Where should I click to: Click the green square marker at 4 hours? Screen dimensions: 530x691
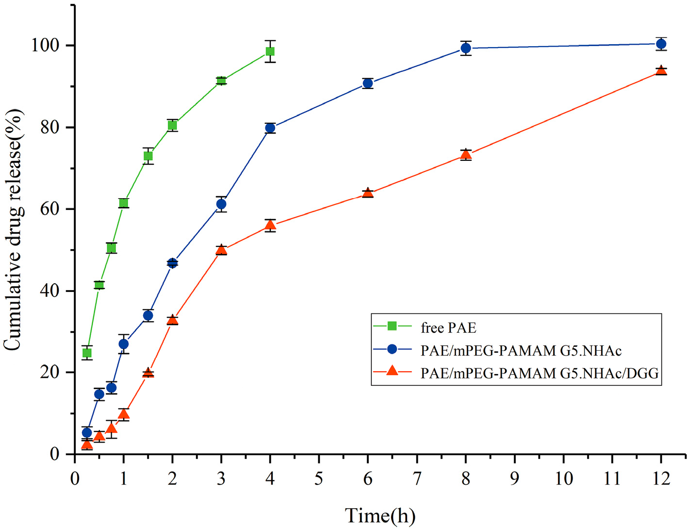coord(270,51)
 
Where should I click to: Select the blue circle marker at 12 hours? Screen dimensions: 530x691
coord(661,44)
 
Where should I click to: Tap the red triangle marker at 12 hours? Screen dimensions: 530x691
coord(661,71)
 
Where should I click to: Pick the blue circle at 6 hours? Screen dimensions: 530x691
coord(368,84)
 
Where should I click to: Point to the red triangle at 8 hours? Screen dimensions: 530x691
coord(466,155)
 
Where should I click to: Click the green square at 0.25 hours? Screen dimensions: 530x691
coord(87,353)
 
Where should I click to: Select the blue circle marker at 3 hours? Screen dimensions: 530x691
coord(221,205)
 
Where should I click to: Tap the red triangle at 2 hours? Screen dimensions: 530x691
coord(172,320)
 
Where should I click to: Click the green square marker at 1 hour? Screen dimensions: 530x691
coord(124,203)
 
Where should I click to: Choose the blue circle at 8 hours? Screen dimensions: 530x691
coord(466,48)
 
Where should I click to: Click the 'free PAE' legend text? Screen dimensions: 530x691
coord(448,328)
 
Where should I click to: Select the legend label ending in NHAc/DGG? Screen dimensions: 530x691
coord(540,373)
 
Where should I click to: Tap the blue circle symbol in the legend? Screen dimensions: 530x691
coord(392,349)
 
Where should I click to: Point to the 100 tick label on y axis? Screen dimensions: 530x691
coord(46,46)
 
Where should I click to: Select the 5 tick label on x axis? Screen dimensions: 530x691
coord(319,479)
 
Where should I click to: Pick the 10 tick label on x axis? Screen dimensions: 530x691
coord(563,479)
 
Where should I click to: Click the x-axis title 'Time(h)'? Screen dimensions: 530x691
coord(380,515)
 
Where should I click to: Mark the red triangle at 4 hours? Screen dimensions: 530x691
coord(270,225)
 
